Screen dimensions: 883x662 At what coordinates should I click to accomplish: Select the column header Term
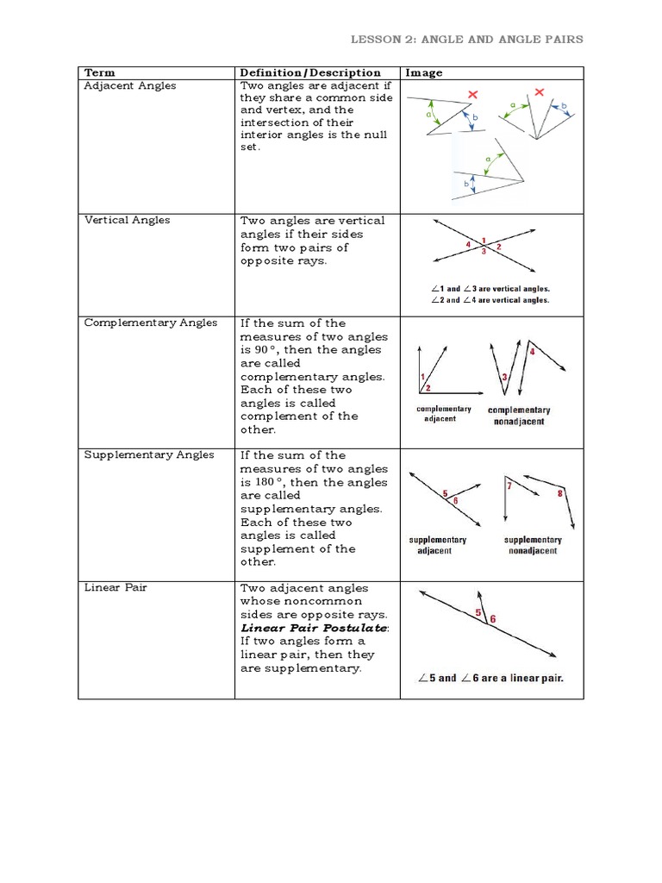point(99,73)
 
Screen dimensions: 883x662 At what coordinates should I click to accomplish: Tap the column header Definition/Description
point(309,73)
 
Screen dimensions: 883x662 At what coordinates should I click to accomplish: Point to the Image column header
point(423,73)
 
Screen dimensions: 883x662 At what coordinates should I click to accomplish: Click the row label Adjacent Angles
point(129,85)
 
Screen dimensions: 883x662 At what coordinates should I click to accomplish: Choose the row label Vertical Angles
point(127,220)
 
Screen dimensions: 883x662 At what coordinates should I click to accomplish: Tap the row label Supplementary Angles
point(148,454)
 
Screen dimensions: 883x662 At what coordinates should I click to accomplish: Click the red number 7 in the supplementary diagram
point(509,486)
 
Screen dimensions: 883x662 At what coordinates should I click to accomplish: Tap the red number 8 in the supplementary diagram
point(560,493)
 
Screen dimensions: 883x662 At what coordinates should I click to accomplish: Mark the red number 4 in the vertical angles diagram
point(468,245)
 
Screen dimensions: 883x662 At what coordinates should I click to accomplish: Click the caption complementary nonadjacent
point(518,416)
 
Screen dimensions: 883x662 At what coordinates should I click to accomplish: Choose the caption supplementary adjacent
point(437,545)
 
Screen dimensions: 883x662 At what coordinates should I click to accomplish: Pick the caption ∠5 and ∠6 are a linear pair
point(490,678)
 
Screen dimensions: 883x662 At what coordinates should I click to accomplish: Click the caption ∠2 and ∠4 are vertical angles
point(490,300)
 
